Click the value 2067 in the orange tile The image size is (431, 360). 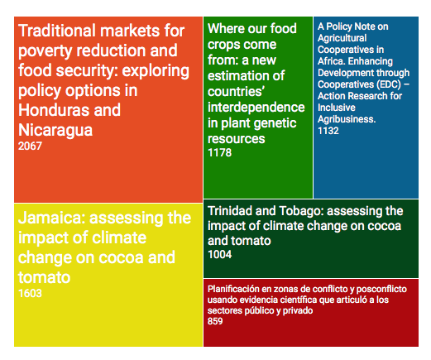pyautogui.click(x=30, y=146)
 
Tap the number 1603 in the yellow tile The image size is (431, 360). pyautogui.click(x=30, y=293)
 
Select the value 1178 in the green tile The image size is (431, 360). pyautogui.click(x=219, y=152)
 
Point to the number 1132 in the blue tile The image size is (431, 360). pyautogui.click(x=328, y=131)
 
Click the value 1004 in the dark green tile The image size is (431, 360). pyautogui.click(x=219, y=254)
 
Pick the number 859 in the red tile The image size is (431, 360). pyautogui.click(x=215, y=321)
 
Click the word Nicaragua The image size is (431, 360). pyautogui.click(x=55, y=130)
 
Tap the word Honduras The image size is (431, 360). pyautogui.click(x=54, y=110)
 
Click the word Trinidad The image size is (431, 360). pyautogui.click(x=230, y=211)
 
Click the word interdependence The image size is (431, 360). pyautogui.click(x=256, y=107)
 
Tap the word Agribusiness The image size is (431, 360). pyautogui.click(x=347, y=119)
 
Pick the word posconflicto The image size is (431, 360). pyautogui.click(x=381, y=289)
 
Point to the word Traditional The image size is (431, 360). pyautogui.click(x=57, y=31)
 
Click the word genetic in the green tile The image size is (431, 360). pyautogui.click(x=275, y=123)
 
